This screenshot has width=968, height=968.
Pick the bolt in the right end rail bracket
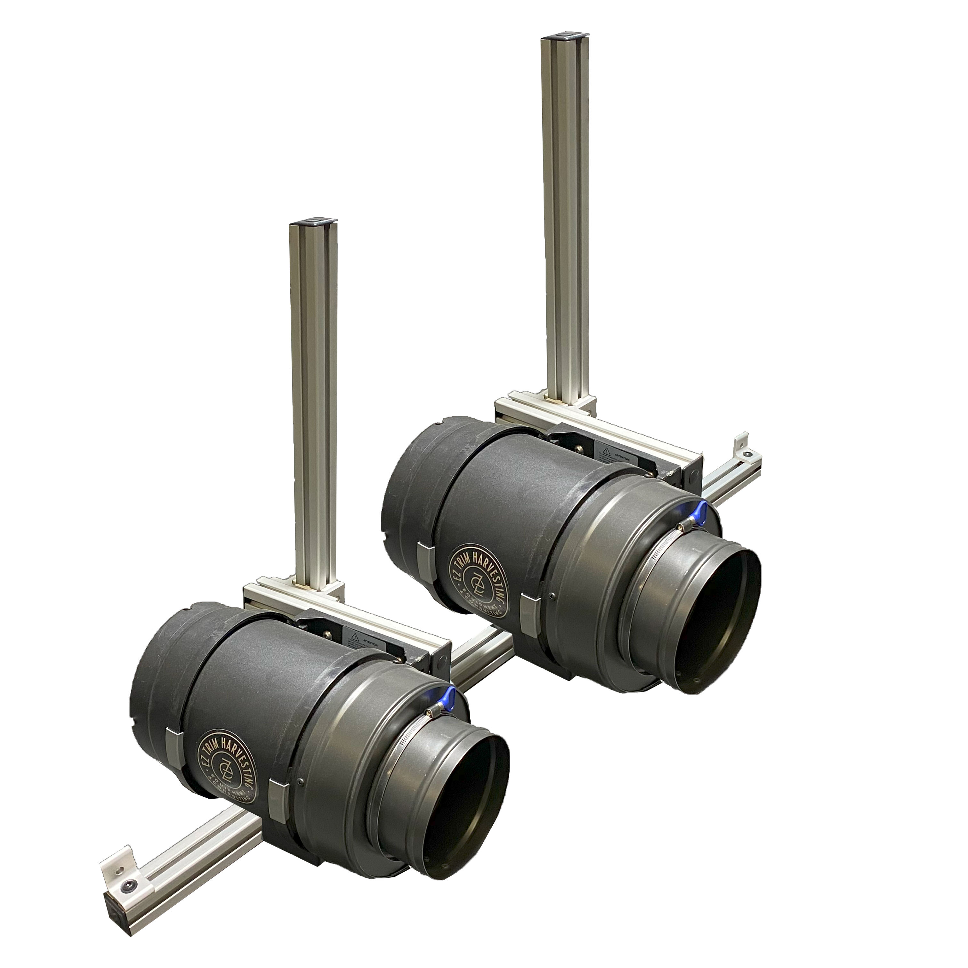click(x=748, y=453)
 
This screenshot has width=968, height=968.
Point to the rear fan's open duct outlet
click(x=712, y=626)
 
